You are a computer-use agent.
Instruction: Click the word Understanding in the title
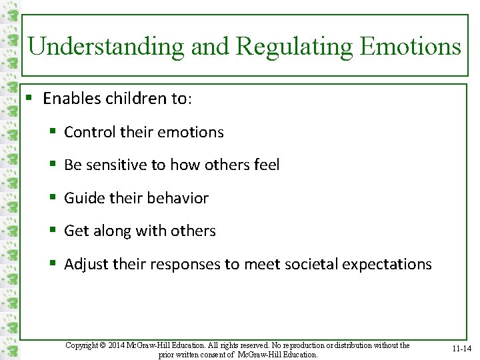click(x=106, y=47)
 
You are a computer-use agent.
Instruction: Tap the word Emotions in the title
click(x=410, y=47)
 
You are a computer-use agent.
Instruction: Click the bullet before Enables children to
click(x=29, y=99)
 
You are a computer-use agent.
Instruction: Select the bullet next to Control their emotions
click(x=52, y=132)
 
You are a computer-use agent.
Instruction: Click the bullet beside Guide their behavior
click(x=52, y=198)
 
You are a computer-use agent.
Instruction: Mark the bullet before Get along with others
click(x=52, y=231)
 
